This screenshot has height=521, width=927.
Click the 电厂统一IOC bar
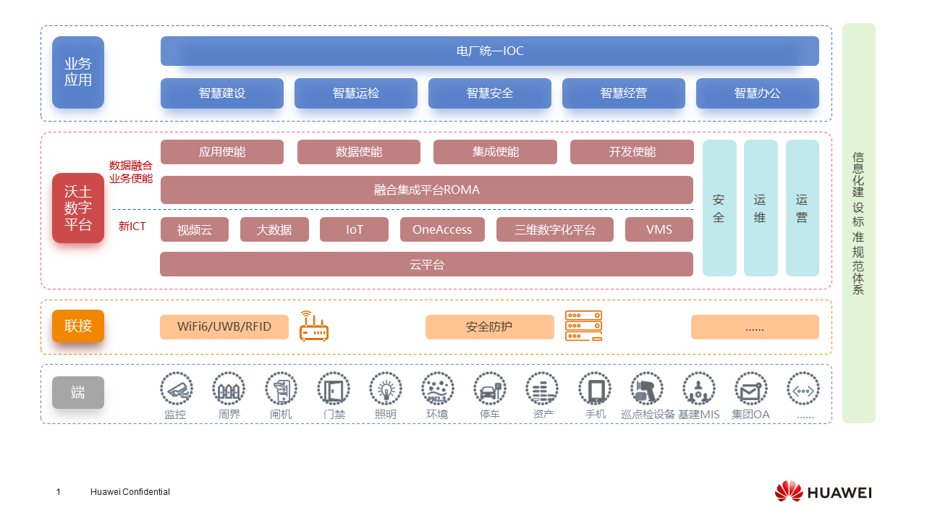click(489, 51)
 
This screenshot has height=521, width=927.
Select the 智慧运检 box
click(355, 93)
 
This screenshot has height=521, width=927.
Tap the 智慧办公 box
click(757, 93)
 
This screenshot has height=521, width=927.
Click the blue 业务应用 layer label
click(78, 72)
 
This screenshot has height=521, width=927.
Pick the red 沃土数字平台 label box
click(78, 208)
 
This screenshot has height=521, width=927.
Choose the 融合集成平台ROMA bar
click(426, 190)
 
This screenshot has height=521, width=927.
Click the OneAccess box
click(441, 229)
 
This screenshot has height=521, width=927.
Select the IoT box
click(354, 229)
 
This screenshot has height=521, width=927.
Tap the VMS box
click(659, 229)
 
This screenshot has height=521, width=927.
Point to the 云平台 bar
click(426, 264)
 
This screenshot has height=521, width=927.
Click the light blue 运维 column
click(760, 208)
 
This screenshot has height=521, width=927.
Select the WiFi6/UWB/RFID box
click(224, 327)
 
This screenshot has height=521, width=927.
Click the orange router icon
click(314, 326)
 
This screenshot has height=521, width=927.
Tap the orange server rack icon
click(583, 326)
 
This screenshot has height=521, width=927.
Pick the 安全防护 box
click(489, 327)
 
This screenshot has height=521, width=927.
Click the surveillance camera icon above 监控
click(177, 389)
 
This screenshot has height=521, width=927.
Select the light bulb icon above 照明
click(386, 389)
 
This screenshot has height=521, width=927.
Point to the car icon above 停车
click(490, 389)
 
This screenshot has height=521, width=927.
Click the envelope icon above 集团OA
click(750, 389)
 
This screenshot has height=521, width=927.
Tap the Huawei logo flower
click(788, 491)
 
